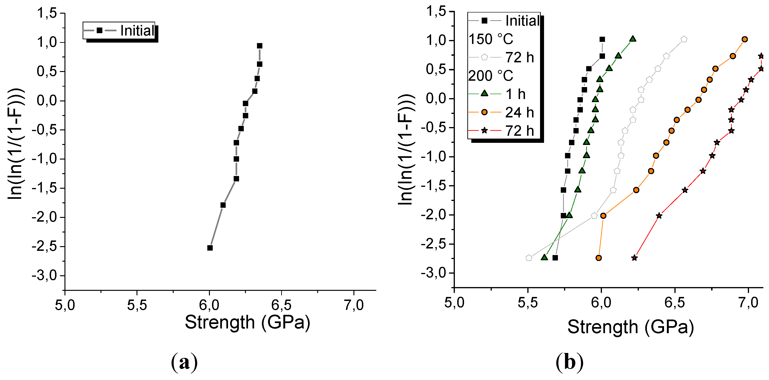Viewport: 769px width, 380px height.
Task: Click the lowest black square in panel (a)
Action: pos(210,248)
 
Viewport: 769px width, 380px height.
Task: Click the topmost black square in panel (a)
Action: pos(259,46)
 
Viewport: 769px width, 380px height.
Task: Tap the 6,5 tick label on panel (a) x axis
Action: pos(281,305)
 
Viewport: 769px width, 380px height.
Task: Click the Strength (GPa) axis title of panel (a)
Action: pos(248,323)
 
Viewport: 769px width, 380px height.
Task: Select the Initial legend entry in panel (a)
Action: pos(137,31)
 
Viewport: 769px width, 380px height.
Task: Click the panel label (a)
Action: pos(184,362)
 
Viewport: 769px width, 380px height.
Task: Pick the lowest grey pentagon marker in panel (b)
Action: pos(529,258)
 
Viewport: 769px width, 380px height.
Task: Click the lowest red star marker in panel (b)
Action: pos(634,258)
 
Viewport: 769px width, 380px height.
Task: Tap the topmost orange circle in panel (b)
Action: pos(745,39)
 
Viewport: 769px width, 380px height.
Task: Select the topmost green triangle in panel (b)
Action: pos(633,39)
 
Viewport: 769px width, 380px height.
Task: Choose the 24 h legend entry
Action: pos(519,112)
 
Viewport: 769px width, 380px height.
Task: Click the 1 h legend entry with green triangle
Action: pos(515,94)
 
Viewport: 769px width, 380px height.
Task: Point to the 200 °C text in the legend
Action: pos(490,76)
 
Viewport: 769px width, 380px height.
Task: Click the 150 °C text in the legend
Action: pos(490,39)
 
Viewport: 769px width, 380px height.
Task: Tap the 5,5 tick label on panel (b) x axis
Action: pos(528,303)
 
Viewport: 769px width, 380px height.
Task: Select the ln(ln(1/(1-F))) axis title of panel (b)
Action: pos(406,149)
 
